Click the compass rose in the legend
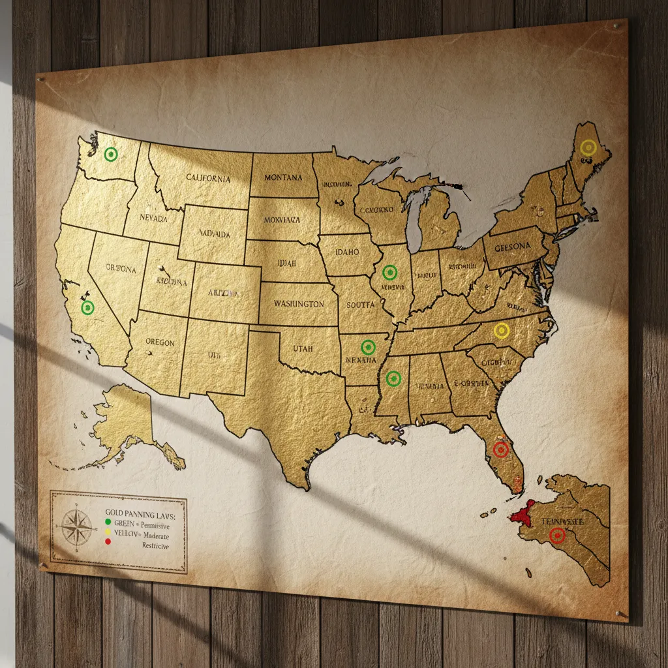[76, 526]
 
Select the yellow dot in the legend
[108, 533]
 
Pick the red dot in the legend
[108, 543]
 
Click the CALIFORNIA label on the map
[208, 177]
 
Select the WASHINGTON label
[299, 304]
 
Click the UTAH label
[303, 349]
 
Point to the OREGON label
[160, 342]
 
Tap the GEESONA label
[513, 247]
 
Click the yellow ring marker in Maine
[588, 147]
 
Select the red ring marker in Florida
[501, 449]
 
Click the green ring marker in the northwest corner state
[112, 154]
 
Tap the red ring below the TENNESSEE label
[557, 536]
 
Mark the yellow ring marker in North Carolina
[502, 330]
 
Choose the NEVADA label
[153, 218]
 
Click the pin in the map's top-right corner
[618, 26]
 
